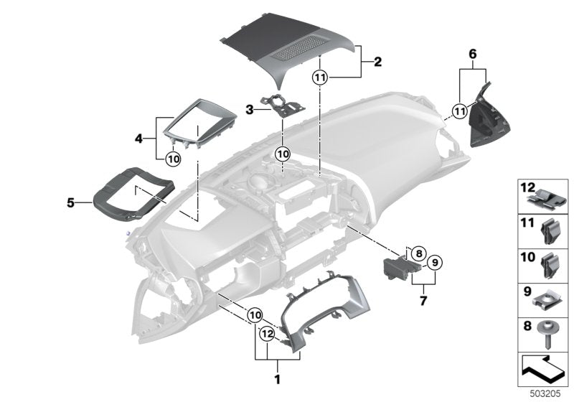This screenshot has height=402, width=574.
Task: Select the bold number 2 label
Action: (x=378, y=62)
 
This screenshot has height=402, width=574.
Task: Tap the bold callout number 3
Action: (x=249, y=110)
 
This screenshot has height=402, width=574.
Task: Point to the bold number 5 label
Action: (x=70, y=203)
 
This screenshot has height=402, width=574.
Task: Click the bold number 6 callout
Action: (x=472, y=54)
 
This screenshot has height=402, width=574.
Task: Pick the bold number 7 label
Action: (x=423, y=301)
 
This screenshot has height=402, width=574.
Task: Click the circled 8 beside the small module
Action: (x=419, y=253)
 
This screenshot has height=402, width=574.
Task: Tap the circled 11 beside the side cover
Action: (x=459, y=110)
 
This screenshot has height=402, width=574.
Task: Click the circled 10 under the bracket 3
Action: (x=282, y=154)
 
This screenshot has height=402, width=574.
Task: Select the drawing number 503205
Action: (x=547, y=394)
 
